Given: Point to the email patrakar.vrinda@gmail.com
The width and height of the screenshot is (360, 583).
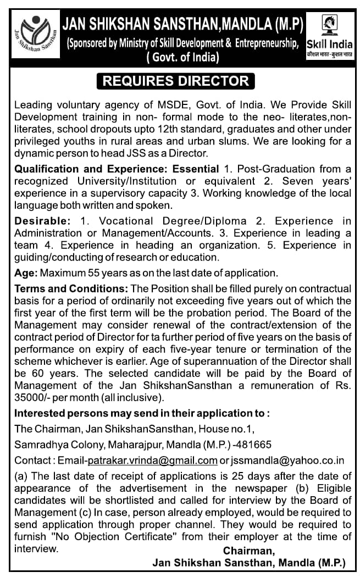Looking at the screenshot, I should coord(152,460).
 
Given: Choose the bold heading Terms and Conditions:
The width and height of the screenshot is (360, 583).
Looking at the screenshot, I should coord(71,289).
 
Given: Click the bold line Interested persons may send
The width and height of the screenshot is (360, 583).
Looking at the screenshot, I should coord(142,413).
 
